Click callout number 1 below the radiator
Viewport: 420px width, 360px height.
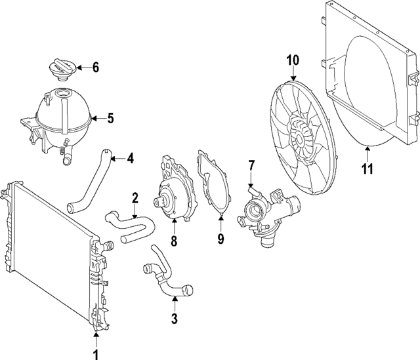click(96, 354)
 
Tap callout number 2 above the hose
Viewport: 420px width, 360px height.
click(135, 197)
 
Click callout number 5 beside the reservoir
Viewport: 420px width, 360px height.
click(110, 119)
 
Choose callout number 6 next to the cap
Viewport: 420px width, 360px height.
click(95, 67)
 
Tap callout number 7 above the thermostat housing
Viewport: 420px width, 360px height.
click(251, 167)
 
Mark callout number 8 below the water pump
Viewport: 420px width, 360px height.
click(174, 241)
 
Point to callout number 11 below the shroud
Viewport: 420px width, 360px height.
click(367, 169)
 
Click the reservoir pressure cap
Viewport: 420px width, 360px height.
click(61, 69)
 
